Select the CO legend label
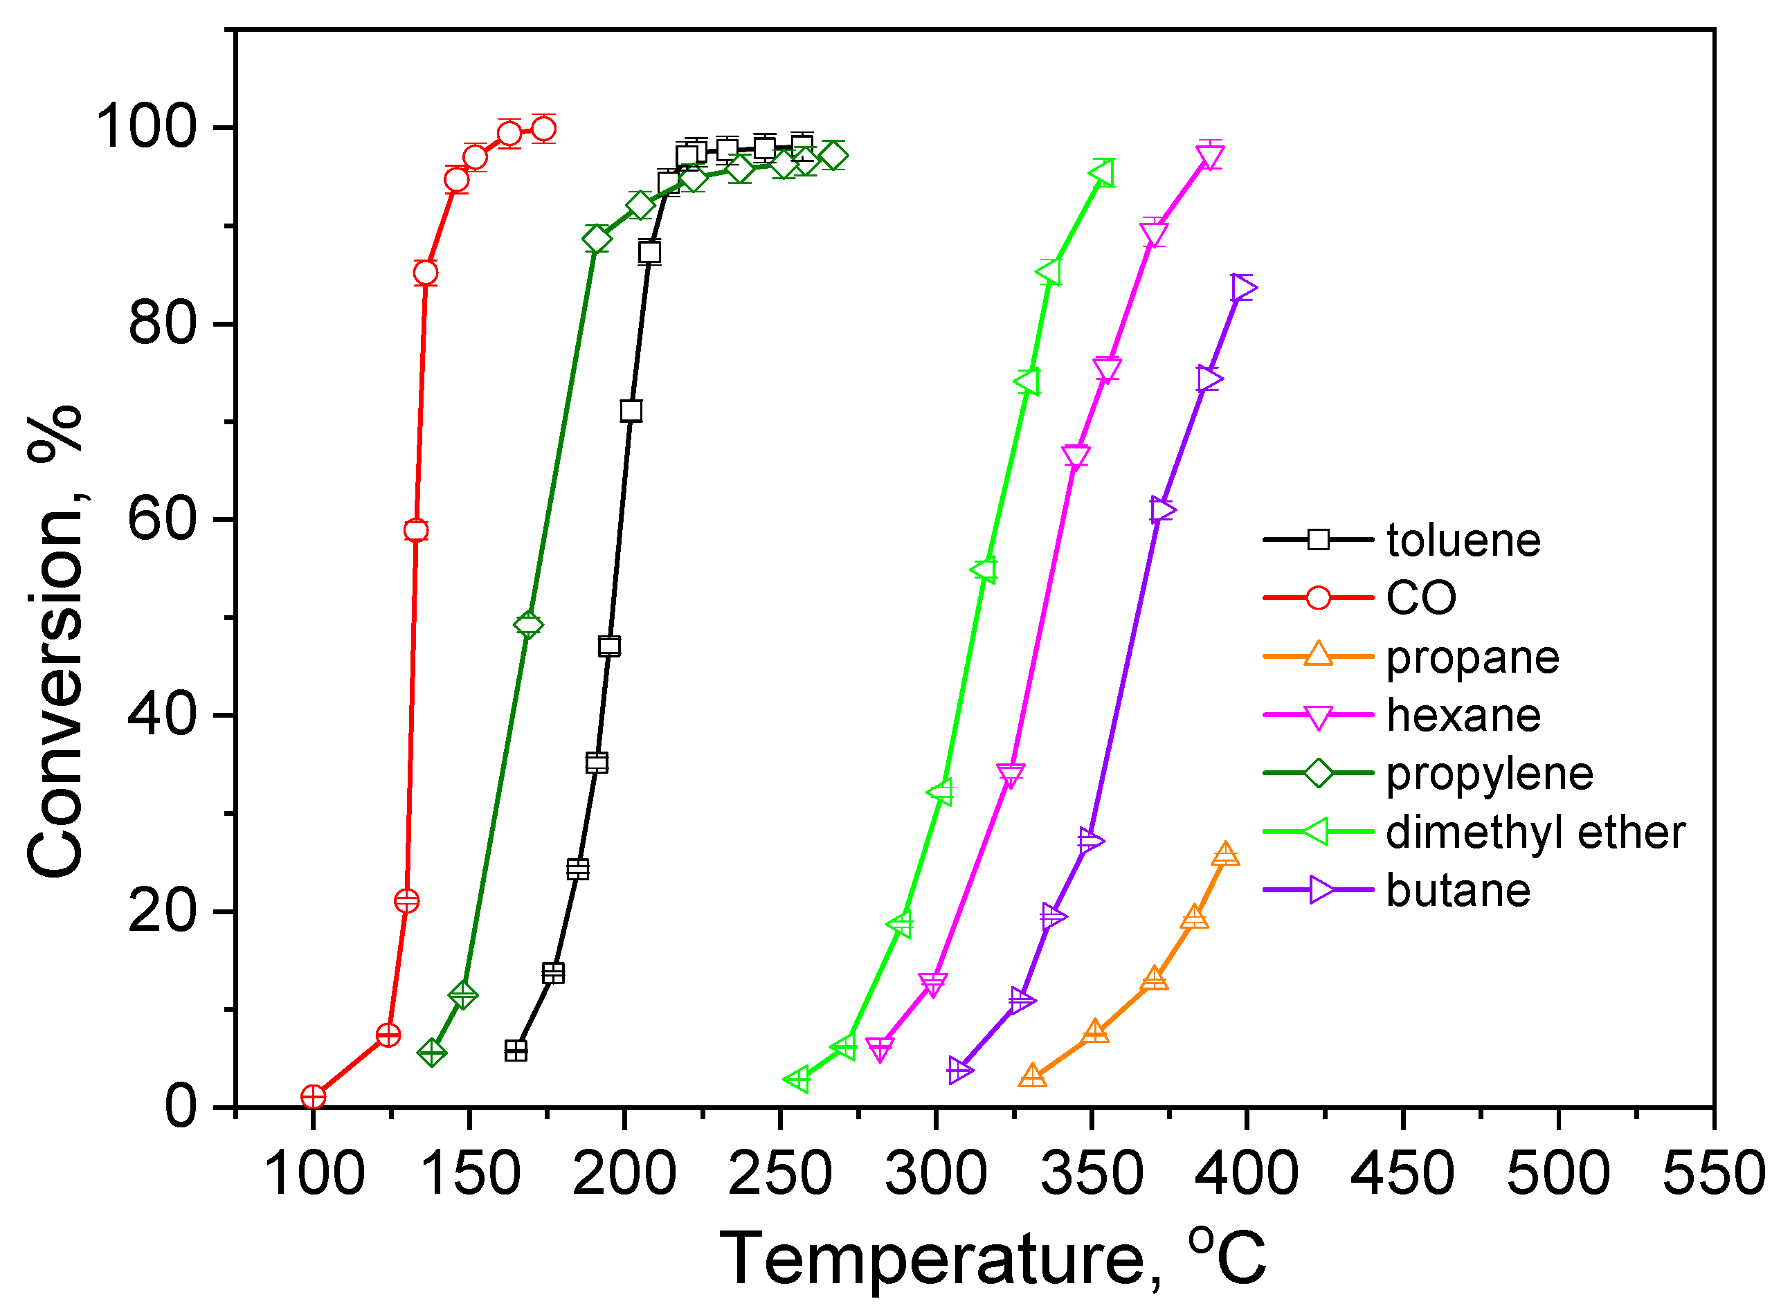[1421, 598]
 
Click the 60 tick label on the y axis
[161, 520]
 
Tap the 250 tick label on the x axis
[780, 1174]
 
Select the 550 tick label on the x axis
[1714, 1174]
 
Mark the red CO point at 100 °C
[314, 1098]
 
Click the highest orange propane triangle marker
[1226, 854]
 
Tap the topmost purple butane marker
[1243, 287]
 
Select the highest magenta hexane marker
[1210, 158]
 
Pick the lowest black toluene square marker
[516, 1051]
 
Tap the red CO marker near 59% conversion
[416, 531]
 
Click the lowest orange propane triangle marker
[1033, 1075]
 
